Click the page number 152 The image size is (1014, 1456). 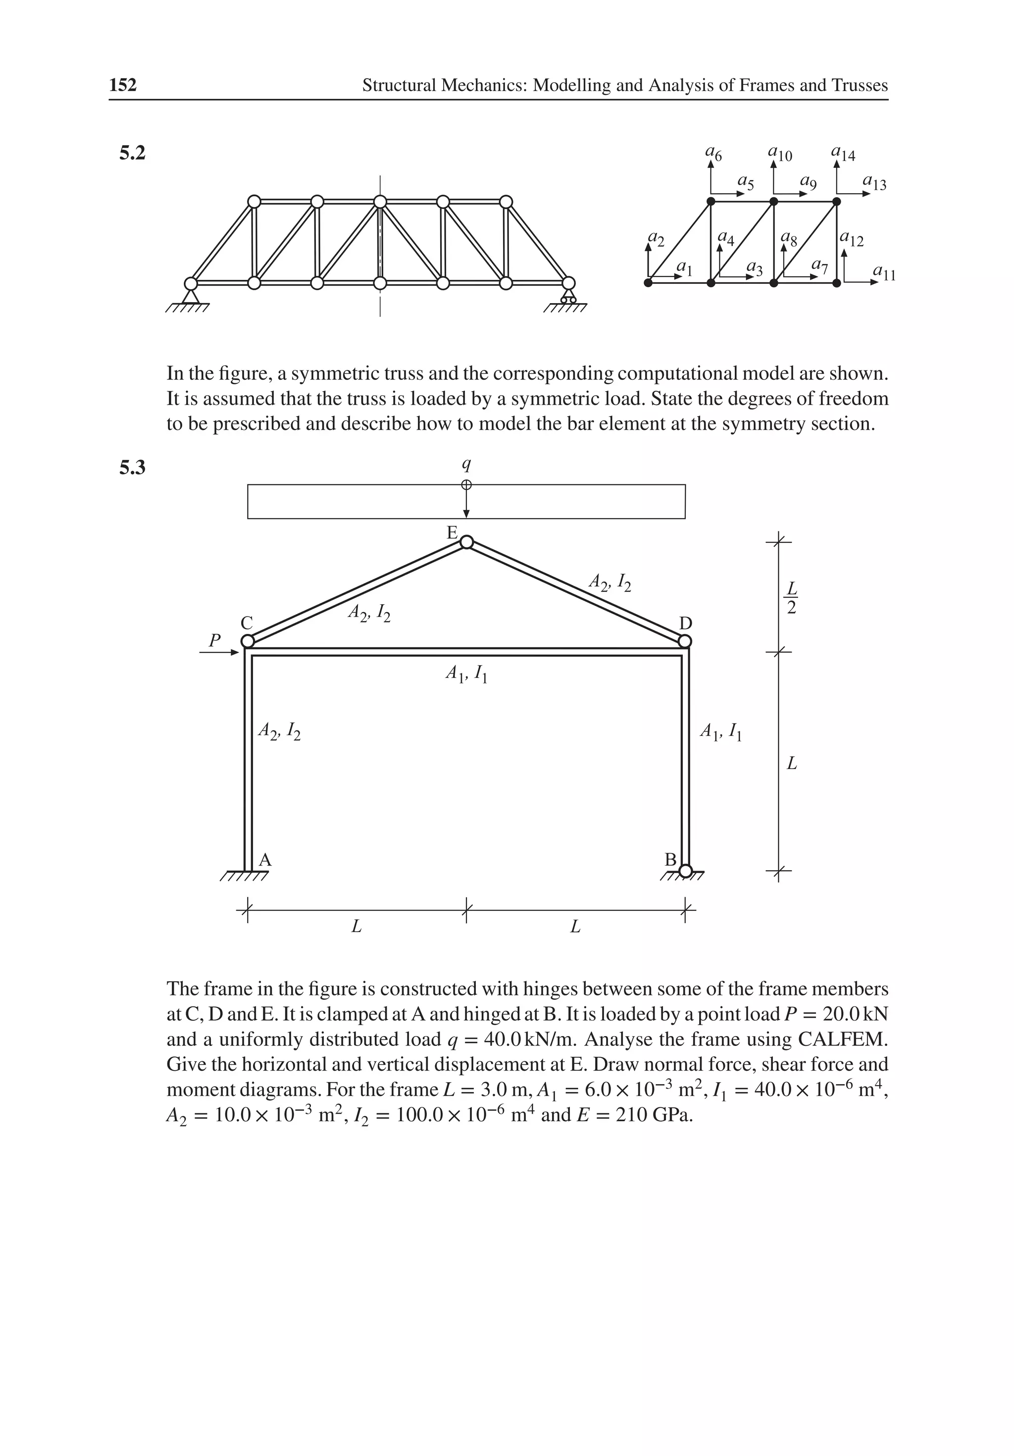tap(123, 85)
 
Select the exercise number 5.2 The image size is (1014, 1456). tap(133, 153)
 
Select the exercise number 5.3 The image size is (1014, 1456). tap(133, 468)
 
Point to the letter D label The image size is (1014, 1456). tap(686, 624)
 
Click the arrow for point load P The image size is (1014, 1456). tap(219, 652)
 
